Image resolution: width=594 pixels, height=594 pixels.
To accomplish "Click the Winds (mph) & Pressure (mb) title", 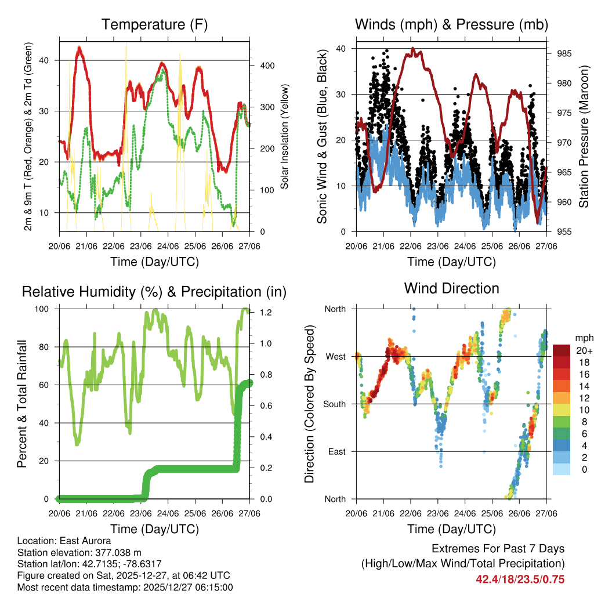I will [451, 24].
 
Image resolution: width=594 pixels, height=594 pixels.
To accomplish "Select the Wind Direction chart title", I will [451, 288].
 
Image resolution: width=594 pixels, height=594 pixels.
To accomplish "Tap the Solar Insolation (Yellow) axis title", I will [285, 136].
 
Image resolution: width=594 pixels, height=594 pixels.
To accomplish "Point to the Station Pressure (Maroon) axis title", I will [584, 136].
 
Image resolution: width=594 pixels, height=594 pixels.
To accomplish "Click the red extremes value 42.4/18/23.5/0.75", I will [520, 579].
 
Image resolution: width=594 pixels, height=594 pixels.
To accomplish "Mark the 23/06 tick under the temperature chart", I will [140, 245].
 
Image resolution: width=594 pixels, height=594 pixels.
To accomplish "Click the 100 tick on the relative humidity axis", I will [48, 309].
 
